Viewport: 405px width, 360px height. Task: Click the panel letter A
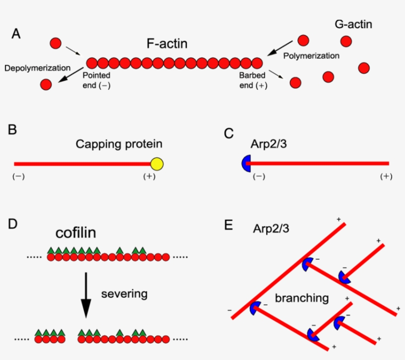point(16,34)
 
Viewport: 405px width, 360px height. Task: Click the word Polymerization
point(311,56)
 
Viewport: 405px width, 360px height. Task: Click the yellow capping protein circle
point(157,163)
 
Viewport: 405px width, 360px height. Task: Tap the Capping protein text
point(119,144)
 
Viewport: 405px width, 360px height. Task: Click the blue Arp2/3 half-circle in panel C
point(245,163)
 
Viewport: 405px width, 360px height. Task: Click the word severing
point(124,294)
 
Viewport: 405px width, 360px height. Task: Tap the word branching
point(302,298)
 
